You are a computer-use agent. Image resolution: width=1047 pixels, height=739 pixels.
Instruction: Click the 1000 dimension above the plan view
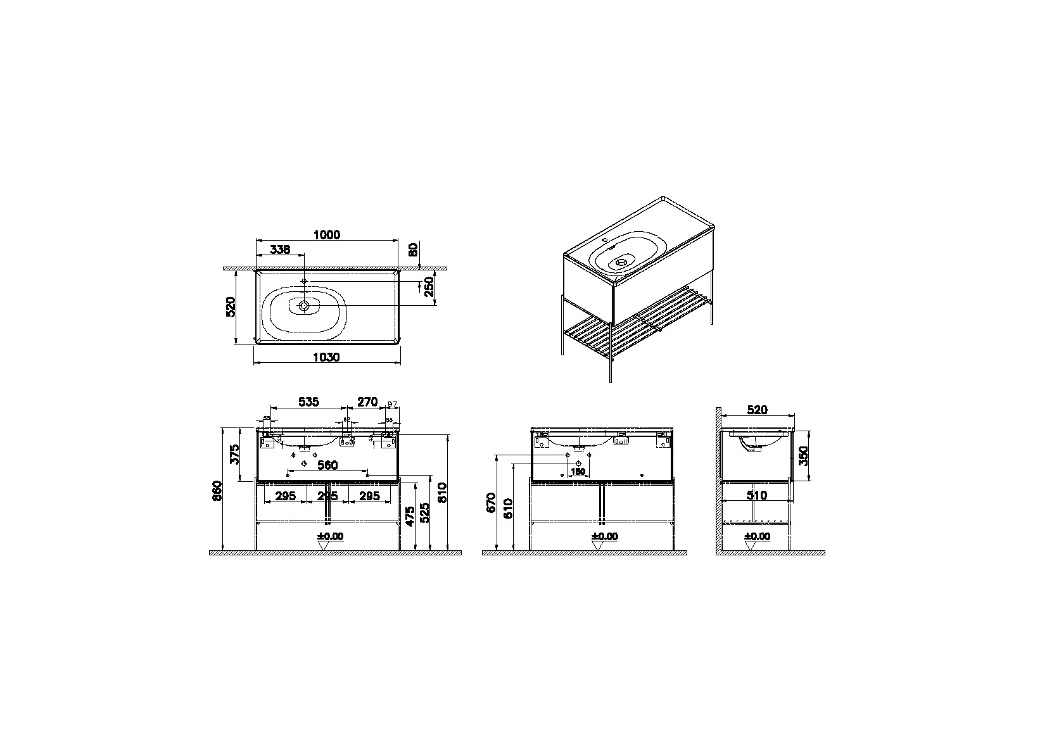[x=327, y=235]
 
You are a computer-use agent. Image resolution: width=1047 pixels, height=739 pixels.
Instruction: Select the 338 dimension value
[x=279, y=250]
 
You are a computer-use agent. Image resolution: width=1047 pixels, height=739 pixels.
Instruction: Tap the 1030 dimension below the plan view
[x=327, y=358]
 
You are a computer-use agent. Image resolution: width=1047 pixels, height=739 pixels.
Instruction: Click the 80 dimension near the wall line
[x=414, y=250]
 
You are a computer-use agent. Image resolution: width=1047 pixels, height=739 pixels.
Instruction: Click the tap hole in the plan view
[x=304, y=281]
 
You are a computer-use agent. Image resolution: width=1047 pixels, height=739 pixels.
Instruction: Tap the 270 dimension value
[x=367, y=401]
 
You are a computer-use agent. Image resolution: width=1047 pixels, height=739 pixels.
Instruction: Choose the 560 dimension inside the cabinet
[x=327, y=465]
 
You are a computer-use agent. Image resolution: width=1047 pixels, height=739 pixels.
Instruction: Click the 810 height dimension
[x=442, y=492]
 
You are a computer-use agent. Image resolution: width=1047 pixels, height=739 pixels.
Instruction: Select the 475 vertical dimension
[x=410, y=515]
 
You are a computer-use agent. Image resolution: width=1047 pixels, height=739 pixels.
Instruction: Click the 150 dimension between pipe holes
[x=578, y=472]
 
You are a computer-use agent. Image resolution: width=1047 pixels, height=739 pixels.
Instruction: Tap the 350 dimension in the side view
[x=803, y=455]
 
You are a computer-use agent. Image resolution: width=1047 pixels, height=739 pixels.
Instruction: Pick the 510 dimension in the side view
[x=757, y=495]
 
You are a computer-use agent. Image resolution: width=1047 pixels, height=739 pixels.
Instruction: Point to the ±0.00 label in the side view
[x=757, y=536]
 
